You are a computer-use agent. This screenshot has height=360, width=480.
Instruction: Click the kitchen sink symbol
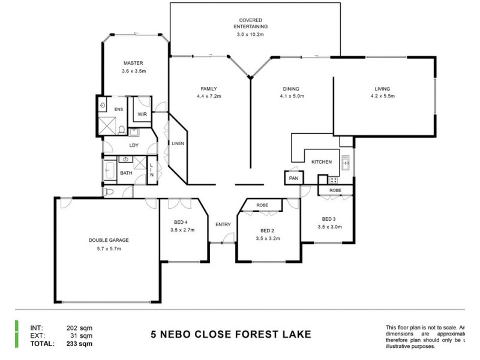point(346,161)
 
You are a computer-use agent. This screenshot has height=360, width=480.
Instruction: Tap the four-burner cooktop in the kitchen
point(332,179)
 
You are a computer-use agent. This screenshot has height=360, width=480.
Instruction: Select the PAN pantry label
point(293,178)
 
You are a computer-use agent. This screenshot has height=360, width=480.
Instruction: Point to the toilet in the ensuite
point(121,130)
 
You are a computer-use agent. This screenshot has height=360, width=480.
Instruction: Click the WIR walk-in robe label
point(142,113)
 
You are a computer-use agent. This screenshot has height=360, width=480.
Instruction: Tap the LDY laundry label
point(134,145)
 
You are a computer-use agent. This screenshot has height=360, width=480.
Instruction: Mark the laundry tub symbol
point(134,133)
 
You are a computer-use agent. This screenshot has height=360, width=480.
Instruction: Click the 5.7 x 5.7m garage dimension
point(109,248)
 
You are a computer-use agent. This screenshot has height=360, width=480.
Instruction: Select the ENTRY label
point(223,224)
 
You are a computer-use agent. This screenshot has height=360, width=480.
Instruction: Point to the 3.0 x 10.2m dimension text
point(251,35)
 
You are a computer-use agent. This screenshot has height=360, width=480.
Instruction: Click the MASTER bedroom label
point(133,63)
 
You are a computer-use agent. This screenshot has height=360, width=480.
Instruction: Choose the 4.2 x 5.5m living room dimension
point(383,96)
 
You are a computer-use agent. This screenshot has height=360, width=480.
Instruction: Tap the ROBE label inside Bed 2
point(262,205)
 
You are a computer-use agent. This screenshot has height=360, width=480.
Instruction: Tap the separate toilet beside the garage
point(109,192)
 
